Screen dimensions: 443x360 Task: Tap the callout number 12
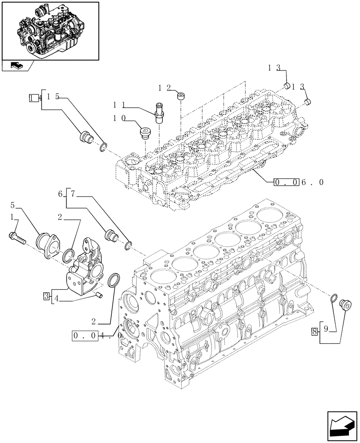pos(164,88)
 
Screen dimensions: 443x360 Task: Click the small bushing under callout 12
pos(180,96)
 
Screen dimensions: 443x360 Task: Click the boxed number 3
pos(47,296)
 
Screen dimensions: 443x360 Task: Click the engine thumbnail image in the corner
pos(50,31)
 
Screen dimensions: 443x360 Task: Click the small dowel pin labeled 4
pos(99,295)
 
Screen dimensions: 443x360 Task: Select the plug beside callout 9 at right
pos(344,304)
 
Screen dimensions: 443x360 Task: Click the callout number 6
pos(59,194)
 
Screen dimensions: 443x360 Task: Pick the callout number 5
pos(13,205)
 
